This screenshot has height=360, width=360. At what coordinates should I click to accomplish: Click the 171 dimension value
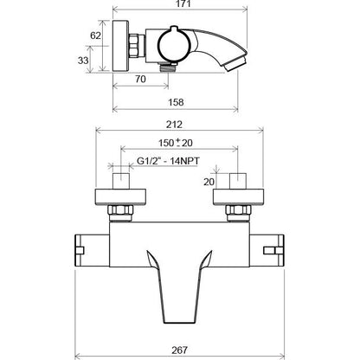(183, 3)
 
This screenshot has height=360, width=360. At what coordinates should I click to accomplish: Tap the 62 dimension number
(95, 35)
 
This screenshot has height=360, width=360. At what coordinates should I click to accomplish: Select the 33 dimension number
(83, 61)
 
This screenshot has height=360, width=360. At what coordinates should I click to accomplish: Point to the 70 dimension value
(140, 79)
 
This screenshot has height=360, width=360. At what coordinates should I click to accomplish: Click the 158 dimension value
(176, 102)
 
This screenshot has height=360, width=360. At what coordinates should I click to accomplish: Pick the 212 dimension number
(174, 125)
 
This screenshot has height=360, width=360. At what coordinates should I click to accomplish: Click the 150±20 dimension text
(176, 143)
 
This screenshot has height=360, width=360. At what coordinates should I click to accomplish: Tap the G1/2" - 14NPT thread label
(168, 161)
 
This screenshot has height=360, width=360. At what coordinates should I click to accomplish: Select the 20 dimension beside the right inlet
(209, 182)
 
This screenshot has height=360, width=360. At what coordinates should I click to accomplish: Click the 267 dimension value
(179, 350)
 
